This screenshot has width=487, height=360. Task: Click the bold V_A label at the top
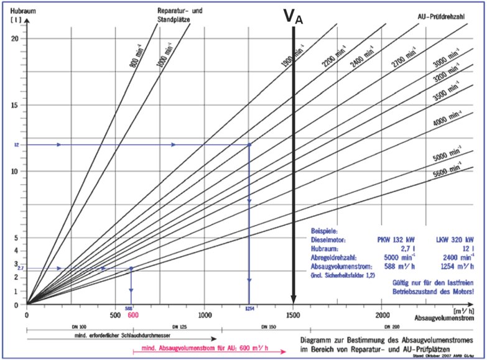click(x=293, y=17)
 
